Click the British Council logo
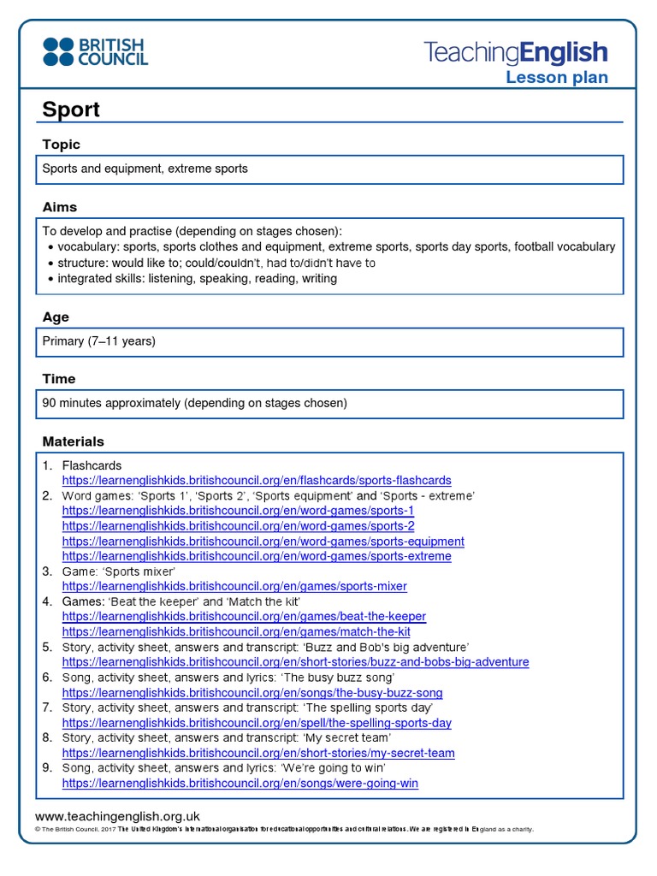95,51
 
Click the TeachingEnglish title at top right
516,52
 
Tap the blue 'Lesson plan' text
556,78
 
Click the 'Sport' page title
71,109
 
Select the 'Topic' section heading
62,145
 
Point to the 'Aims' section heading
60,207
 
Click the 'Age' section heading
56,317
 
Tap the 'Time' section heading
59,378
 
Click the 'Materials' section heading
74,441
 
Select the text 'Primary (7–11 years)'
99,341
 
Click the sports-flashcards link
257,481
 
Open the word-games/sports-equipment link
263,542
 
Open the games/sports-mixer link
234,586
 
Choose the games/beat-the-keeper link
244,616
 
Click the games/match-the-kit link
236,631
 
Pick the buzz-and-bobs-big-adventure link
295,662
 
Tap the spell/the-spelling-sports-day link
257,723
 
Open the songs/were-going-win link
240,783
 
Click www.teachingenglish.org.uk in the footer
117,816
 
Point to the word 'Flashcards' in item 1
92,465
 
